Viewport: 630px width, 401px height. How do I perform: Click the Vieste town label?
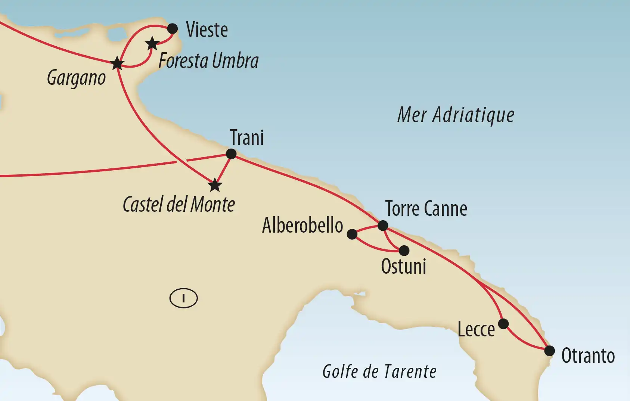coord(207,30)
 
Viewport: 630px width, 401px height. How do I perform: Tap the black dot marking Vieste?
coord(172,28)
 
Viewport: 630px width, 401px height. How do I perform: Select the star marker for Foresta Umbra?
coord(152,44)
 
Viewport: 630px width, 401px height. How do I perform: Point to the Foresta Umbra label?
coord(208,61)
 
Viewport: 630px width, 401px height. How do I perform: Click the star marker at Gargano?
coord(117,63)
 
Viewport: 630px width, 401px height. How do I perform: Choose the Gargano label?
coord(76,78)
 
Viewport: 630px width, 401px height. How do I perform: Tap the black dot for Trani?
coord(231,154)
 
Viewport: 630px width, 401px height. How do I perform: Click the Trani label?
coord(247,137)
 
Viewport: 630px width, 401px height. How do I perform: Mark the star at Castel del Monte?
coord(215,185)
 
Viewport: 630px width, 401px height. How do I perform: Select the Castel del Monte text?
coord(179,205)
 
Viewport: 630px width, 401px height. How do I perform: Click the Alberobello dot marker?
coord(352,234)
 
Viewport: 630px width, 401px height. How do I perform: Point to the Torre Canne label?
coord(426,209)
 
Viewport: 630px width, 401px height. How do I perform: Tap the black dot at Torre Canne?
coord(383,226)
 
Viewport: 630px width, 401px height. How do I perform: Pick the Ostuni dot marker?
coord(404,250)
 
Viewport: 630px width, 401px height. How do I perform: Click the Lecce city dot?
coord(503,323)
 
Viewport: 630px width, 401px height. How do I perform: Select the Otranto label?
coord(588,356)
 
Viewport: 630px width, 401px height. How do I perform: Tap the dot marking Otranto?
coord(549,351)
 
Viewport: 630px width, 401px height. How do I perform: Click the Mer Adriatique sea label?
coord(456,115)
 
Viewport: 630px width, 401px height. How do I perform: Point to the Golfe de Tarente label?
coord(379,372)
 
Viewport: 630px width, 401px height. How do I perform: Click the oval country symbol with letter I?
coord(183,298)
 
